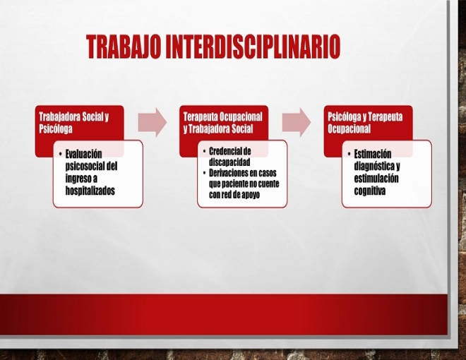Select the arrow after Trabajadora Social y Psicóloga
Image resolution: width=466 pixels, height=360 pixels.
pyautogui.click(x=153, y=122)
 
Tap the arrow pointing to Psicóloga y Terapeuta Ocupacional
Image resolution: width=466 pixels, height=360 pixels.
pyautogui.click(x=297, y=122)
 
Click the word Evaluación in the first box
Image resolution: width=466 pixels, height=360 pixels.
pyautogui.click(x=83, y=154)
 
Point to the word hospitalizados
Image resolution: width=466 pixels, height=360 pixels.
pyautogui.click(x=90, y=191)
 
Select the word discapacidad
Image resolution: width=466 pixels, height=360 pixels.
pyautogui.click(x=229, y=162)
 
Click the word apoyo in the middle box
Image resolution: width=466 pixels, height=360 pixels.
pyautogui.click(x=251, y=195)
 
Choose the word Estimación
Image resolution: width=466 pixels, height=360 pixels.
pyautogui.click(x=373, y=154)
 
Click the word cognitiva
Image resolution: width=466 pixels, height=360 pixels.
pyautogui.click(x=370, y=191)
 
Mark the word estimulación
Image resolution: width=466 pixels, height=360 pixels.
pyautogui.click(x=376, y=178)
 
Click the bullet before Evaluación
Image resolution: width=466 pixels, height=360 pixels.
pyautogui.click(x=60, y=154)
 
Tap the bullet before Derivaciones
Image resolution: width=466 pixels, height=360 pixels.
pyautogui.click(x=205, y=173)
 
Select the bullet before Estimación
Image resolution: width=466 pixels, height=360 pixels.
pyautogui.click(x=349, y=154)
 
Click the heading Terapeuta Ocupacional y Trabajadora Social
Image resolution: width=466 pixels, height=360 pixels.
pyautogui.click(x=222, y=123)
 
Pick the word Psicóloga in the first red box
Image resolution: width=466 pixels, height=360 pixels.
pyautogui.click(x=56, y=129)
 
